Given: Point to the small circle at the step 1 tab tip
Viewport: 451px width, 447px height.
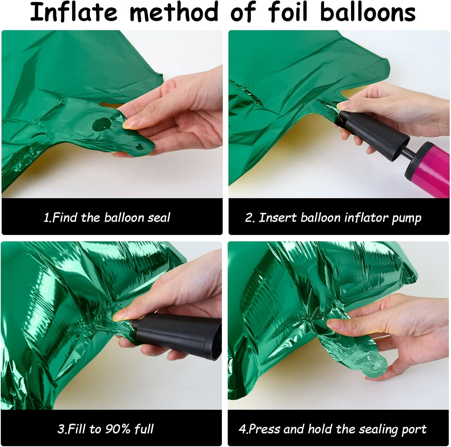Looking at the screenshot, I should coord(140,147).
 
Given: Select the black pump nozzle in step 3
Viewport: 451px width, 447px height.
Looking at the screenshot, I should coord(177,333).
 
